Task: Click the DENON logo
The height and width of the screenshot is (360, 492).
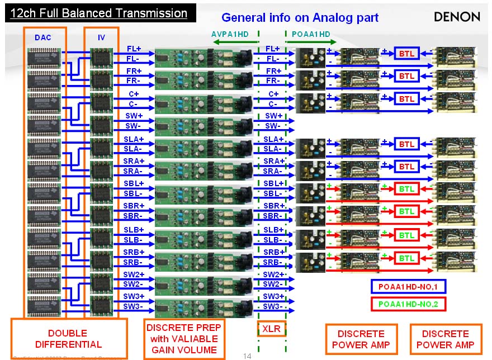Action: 457,17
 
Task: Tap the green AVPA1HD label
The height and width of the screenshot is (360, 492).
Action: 230,34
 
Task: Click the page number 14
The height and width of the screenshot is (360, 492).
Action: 248,356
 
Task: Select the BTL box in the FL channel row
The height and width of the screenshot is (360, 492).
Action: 406,54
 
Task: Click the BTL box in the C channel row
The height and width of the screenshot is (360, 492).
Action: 406,99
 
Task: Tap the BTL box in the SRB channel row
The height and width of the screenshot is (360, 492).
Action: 406,258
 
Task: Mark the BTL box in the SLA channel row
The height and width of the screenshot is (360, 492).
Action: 406,144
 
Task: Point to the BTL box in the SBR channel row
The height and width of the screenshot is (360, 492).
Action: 406,211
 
